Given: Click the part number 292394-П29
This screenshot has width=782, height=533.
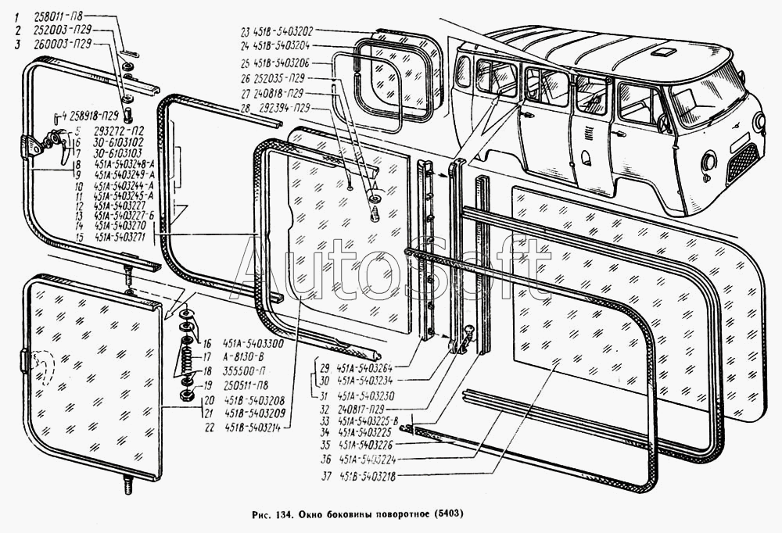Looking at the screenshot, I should point(285,106).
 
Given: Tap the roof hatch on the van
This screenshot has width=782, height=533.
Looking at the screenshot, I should point(667,53).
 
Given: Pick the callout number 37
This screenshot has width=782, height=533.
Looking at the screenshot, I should point(324,476).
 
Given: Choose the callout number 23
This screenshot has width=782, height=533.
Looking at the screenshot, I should point(245,32).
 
